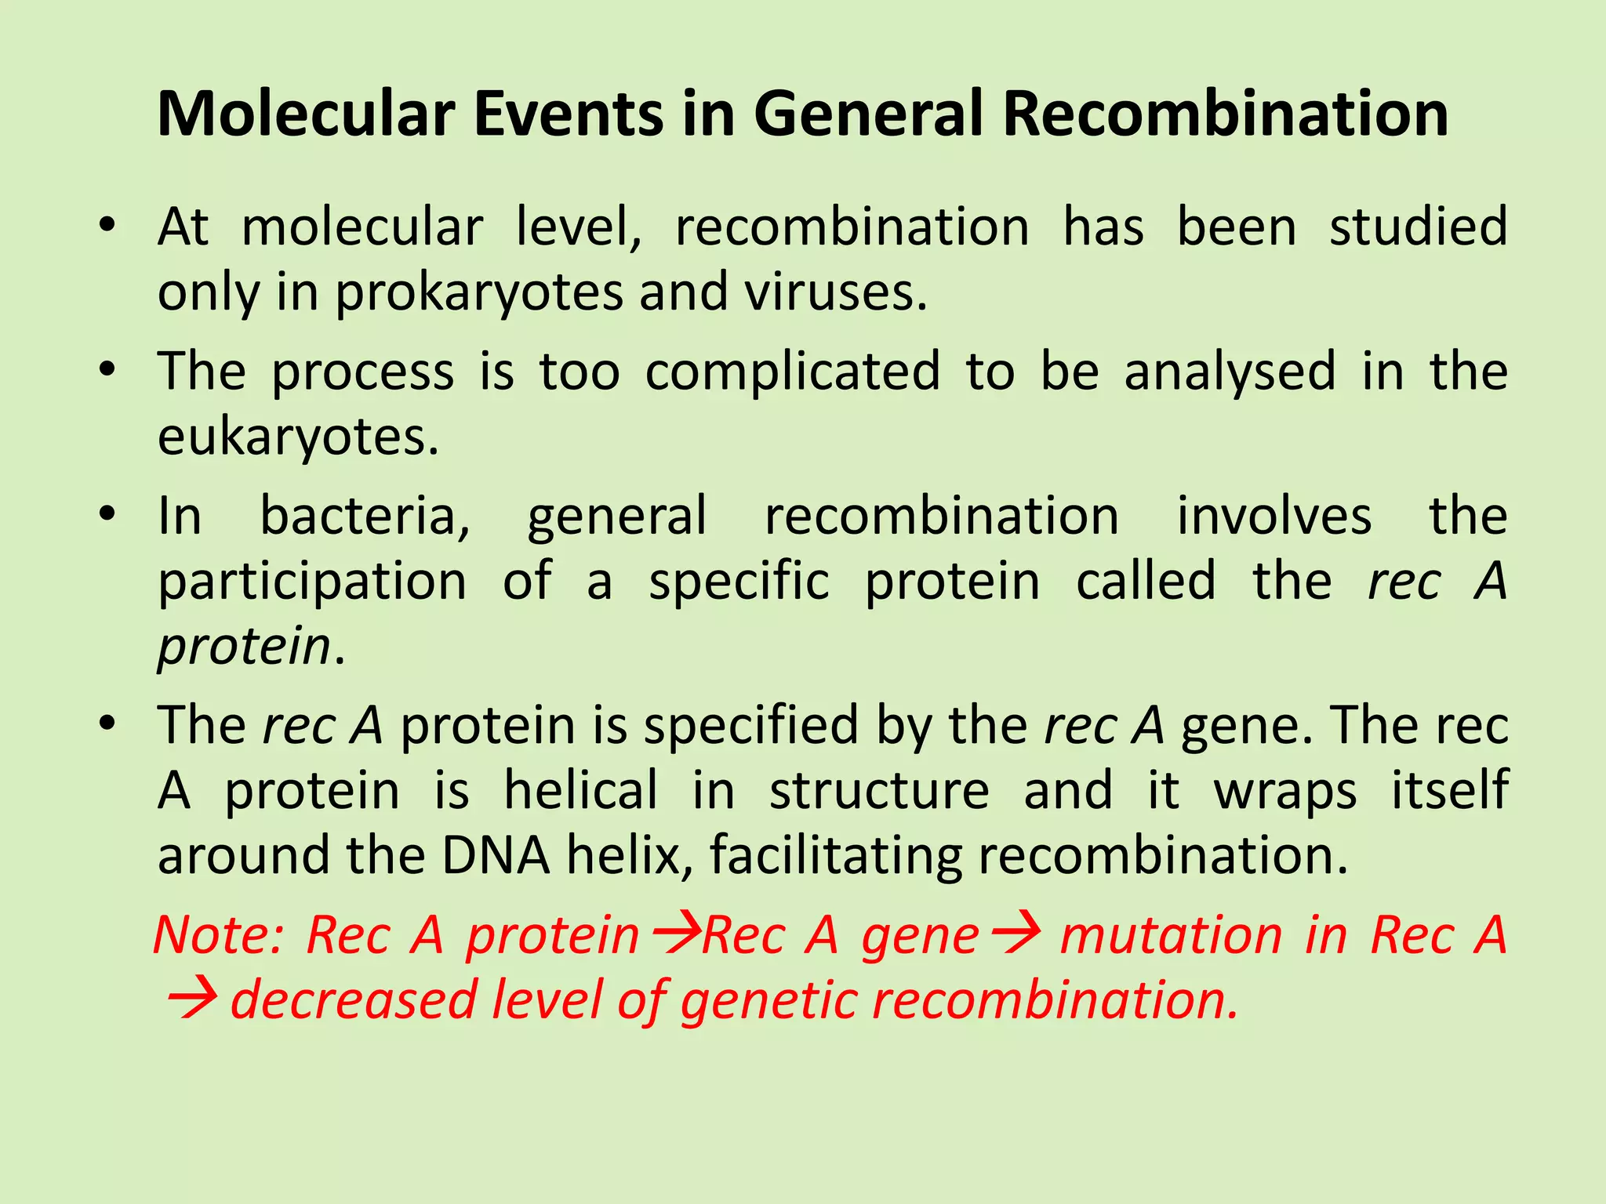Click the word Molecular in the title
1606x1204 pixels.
[306, 114]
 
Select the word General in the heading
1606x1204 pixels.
[868, 114]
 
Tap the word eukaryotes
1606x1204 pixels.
[297, 437]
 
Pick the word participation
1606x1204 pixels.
[312, 582]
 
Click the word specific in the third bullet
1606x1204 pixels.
[739, 582]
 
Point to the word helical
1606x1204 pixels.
[580, 790]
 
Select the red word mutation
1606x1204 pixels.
[1171, 935]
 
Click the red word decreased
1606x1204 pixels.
[354, 1001]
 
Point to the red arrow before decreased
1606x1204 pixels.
[192, 1001]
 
